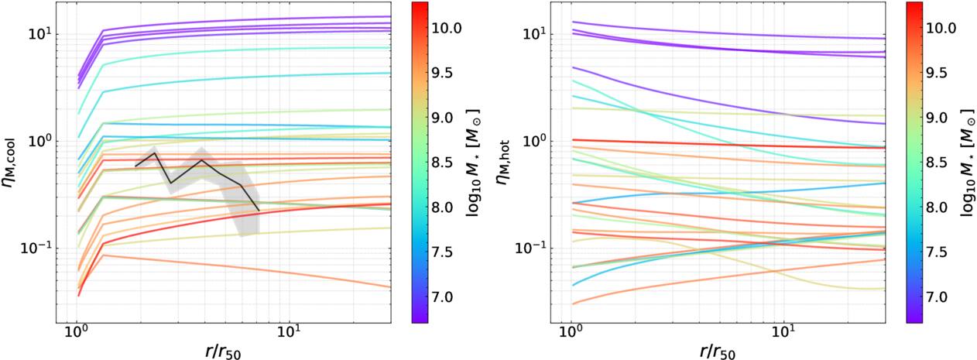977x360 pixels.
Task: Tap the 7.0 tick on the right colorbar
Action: click(936, 297)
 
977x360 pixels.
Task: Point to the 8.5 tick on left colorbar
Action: click(442, 163)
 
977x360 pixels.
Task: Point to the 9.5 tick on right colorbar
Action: click(936, 73)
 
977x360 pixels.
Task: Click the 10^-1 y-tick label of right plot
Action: click(529, 248)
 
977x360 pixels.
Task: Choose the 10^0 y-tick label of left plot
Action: click(39, 140)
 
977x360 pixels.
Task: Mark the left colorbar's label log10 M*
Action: click(473, 163)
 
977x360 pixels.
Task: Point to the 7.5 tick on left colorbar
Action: click(442, 252)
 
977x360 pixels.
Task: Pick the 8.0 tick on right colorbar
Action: click(936, 207)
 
